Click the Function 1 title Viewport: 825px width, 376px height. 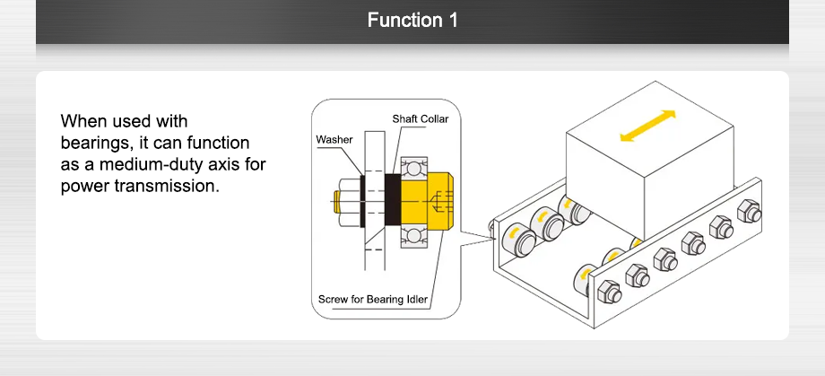tap(412, 20)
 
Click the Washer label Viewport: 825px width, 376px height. tap(334, 140)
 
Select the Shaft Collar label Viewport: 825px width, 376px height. tap(420, 118)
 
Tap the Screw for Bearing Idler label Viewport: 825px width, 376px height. tap(372, 299)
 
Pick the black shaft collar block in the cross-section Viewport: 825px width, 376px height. tap(392, 200)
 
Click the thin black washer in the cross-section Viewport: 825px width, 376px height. tap(361, 200)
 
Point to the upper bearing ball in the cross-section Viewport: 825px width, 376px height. tap(413, 167)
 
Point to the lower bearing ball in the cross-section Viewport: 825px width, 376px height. tap(413, 235)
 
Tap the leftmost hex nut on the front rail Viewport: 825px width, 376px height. tap(607, 291)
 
